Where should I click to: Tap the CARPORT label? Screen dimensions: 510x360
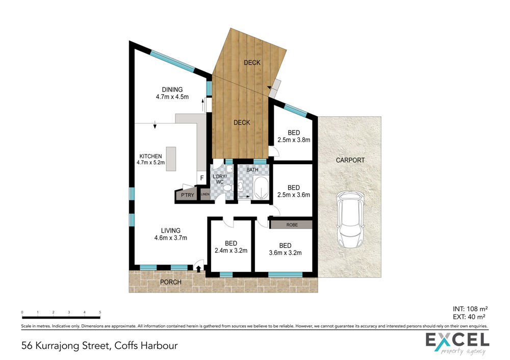tap(350, 160)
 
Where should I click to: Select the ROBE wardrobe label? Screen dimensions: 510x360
tap(292, 225)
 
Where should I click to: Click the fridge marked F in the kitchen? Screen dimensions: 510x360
tap(201, 178)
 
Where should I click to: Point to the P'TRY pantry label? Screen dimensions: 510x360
tap(187, 195)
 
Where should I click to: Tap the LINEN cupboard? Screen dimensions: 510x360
tap(205, 194)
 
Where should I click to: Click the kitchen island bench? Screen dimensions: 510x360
tap(171, 159)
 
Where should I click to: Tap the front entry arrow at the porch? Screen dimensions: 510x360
tap(198, 269)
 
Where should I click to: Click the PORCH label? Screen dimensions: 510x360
tap(171, 282)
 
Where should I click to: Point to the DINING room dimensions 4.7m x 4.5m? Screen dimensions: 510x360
tap(172, 96)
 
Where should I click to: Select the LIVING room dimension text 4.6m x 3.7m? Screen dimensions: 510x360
tap(171, 238)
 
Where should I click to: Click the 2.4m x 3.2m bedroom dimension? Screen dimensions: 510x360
tap(231, 250)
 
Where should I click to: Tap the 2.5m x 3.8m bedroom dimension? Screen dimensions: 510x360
tap(294, 140)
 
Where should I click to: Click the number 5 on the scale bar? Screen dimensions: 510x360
tap(100, 312)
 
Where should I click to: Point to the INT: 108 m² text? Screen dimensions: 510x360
tap(470, 309)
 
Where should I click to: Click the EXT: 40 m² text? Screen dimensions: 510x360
tap(469, 317)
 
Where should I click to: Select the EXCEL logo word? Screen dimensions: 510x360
tap(457, 340)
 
